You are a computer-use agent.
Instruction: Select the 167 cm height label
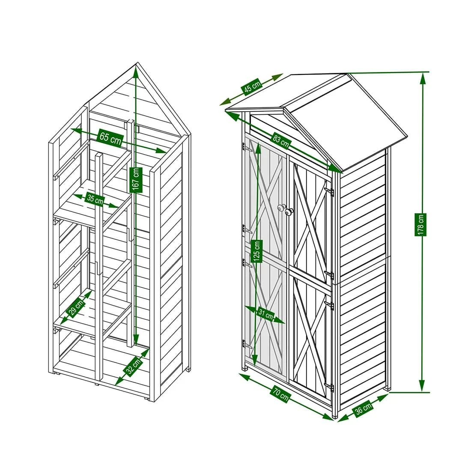pos(136,179)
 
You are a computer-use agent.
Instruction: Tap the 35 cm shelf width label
pos(95,200)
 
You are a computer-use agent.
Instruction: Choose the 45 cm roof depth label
pos(252,87)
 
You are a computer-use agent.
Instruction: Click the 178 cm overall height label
pos(422,224)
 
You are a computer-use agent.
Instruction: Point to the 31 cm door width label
pos(265,315)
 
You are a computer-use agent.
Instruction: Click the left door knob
pos(281,208)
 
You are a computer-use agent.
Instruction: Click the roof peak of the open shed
pos(137,64)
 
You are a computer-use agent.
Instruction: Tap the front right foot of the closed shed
pos(335,415)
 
